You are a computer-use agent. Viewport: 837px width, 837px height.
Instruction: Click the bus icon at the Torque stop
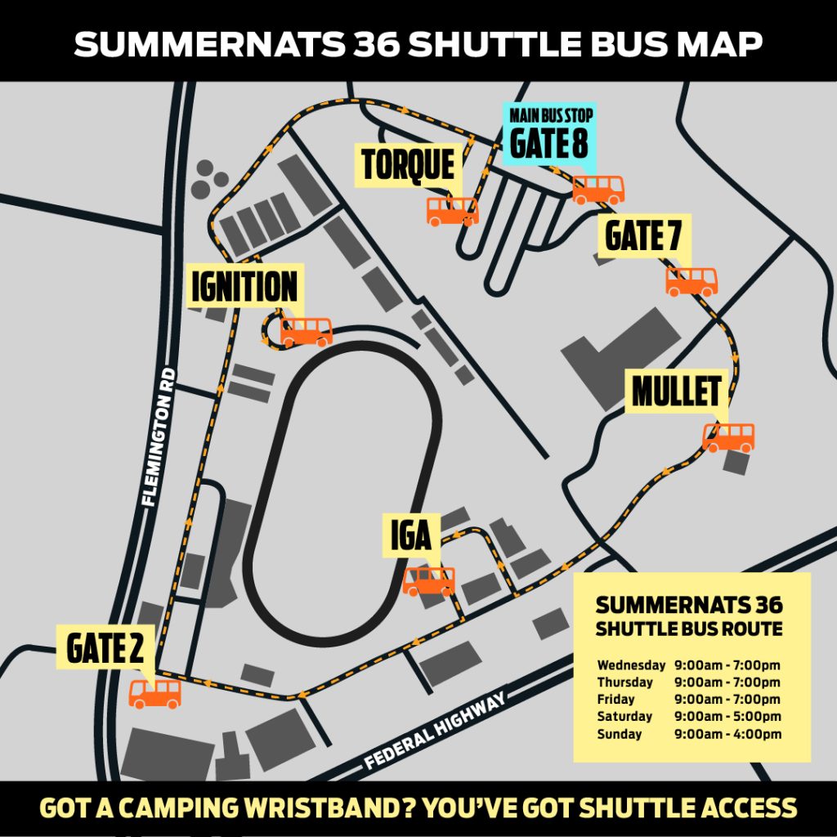coord(452,211)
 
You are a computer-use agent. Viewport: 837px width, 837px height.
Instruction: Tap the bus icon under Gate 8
coord(598,190)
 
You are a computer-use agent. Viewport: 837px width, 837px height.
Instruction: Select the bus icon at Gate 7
coord(692,281)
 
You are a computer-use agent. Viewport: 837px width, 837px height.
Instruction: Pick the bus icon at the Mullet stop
coord(728,437)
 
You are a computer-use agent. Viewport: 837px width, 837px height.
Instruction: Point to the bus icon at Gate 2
coord(155,693)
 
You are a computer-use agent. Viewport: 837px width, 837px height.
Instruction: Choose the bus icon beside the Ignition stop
coord(307,332)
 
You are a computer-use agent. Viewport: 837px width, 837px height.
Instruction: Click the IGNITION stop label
coord(244,286)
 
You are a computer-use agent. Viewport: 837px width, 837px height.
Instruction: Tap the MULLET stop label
coord(676,392)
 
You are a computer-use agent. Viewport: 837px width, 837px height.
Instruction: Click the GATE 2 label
coord(105,649)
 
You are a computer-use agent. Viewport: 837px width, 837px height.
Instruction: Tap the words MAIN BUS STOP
coord(550,114)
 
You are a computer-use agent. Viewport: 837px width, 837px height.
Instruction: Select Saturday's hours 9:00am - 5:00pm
coord(727,717)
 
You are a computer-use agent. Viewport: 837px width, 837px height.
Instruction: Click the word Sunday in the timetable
coord(620,734)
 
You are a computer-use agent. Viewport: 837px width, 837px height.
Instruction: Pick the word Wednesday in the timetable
coord(631,665)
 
